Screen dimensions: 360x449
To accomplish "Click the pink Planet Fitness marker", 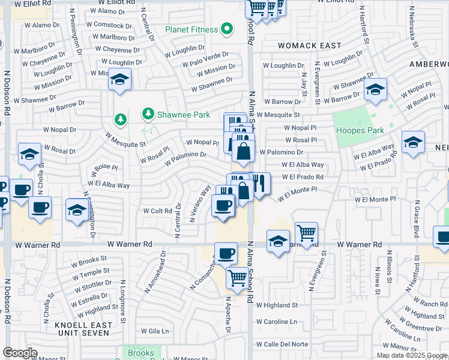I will [227, 28].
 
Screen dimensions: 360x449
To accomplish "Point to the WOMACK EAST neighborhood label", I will [309, 46].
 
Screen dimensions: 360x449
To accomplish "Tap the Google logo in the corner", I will [20, 353].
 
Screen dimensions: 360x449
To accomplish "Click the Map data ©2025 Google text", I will [412, 355].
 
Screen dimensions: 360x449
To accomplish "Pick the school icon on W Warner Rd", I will [277, 241].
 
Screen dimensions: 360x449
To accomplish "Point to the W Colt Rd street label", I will [158, 211].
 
